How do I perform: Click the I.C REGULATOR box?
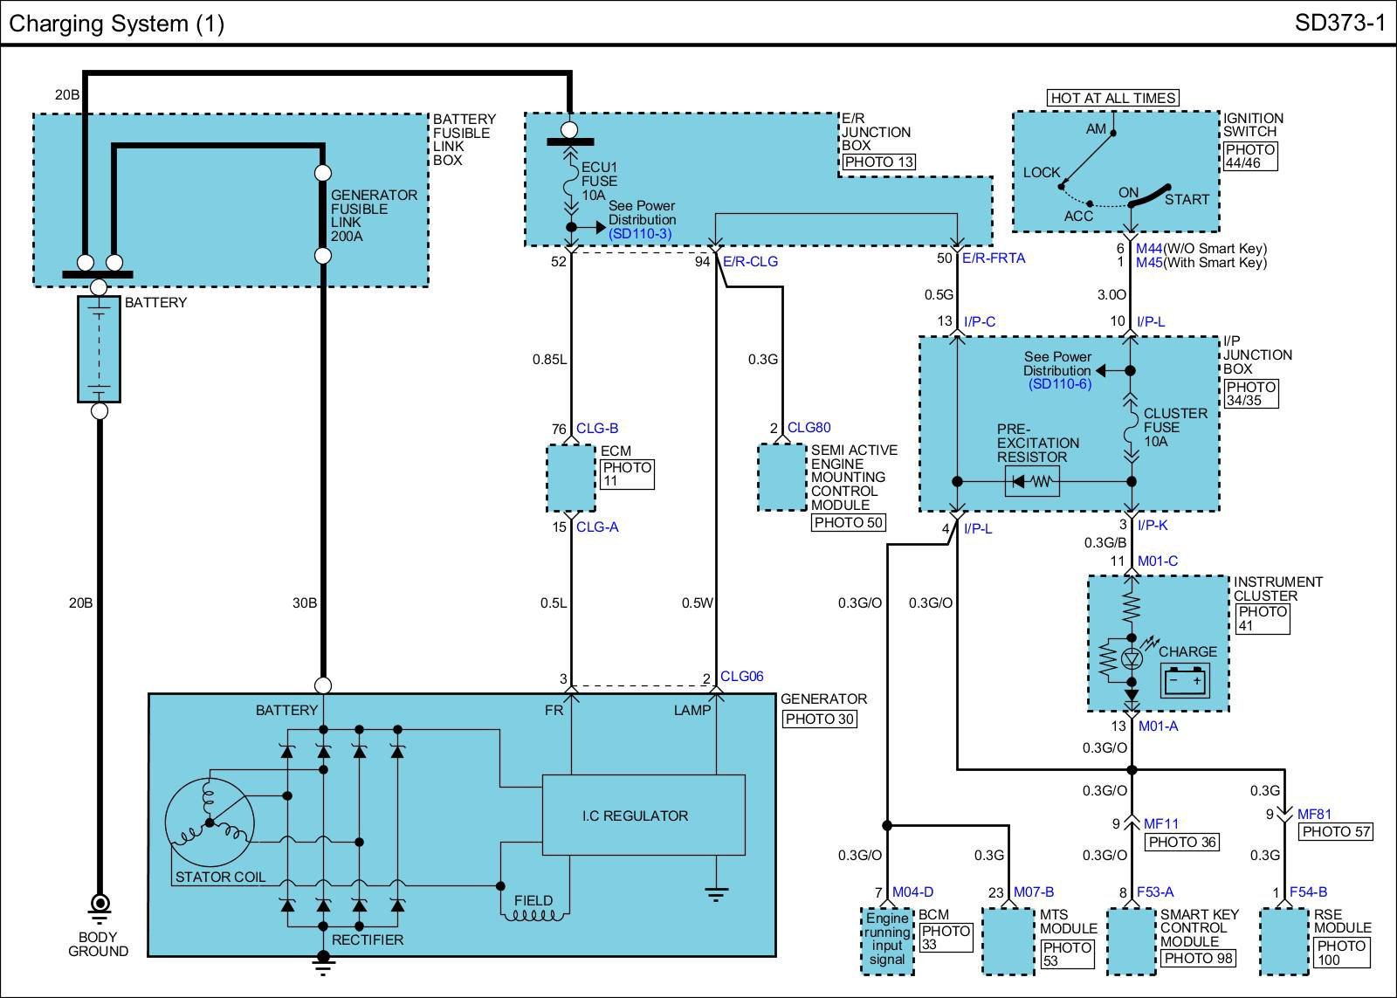click(x=643, y=815)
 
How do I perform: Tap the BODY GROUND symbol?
click(x=100, y=907)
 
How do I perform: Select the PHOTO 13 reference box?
click(x=879, y=162)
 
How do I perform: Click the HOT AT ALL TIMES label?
click(x=1112, y=98)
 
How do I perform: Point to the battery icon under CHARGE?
click(x=1185, y=680)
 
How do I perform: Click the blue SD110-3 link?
click(x=640, y=234)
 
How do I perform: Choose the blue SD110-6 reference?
click(x=1060, y=384)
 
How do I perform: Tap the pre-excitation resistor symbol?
click(x=1032, y=481)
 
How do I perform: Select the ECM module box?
click(x=571, y=478)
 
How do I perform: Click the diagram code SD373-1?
click(x=1339, y=23)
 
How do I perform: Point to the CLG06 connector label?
click(x=741, y=676)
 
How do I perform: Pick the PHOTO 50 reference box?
click(x=848, y=523)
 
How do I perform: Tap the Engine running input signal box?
click(x=887, y=941)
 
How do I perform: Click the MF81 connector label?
click(x=1314, y=814)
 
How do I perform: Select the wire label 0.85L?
click(x=549, y=359)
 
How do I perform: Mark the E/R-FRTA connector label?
click(x=994, y=258)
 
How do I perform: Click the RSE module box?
click(x=1284, y=941)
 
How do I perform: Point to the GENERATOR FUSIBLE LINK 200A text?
click(x=374, y=216)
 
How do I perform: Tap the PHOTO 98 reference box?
click(x=1199, y=958)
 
